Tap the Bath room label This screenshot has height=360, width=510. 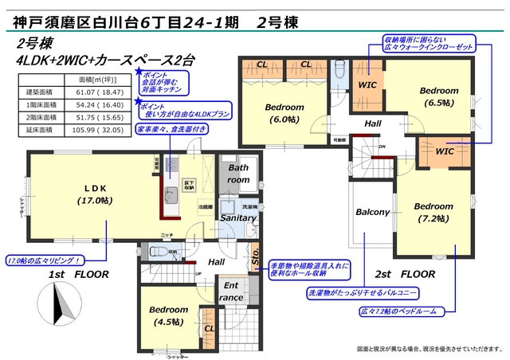click(239, 174)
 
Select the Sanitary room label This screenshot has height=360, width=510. click(238, 217)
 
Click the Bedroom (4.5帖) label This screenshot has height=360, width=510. click(167, 315)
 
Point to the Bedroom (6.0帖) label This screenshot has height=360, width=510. click(284, 112)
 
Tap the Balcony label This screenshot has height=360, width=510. click(372, 213)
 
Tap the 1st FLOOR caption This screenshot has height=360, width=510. click(76, 274)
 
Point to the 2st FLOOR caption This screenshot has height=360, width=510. click(405, 274)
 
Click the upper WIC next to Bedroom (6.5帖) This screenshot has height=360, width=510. click(367, 84)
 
